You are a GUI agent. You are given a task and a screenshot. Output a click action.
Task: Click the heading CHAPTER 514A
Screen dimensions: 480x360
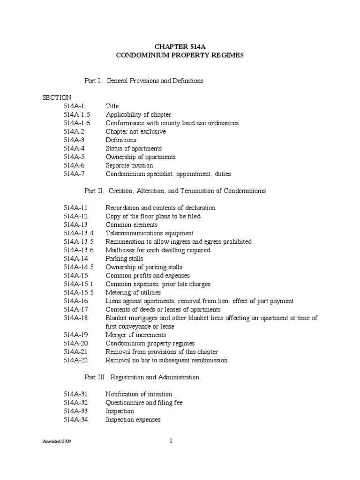(x=180, y=46)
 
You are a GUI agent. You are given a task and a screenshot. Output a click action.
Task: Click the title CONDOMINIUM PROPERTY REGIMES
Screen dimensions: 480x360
(x=180, y=55)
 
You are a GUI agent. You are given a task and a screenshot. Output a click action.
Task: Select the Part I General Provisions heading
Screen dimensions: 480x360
(x=143, y=81)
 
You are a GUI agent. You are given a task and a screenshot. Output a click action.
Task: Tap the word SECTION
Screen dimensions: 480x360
(x=57, y=97)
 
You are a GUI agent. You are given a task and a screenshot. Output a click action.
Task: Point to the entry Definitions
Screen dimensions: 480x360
(x=121, y=140)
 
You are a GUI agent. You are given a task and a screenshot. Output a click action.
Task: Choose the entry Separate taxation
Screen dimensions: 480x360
(x=129, y=165)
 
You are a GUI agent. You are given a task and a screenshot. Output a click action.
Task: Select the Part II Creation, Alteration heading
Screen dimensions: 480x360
(x=175, y=191)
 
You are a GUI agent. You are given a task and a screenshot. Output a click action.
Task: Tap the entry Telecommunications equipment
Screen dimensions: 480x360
(x=150, y=233)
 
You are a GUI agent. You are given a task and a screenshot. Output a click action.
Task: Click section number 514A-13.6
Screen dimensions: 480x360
(x=79, y=250)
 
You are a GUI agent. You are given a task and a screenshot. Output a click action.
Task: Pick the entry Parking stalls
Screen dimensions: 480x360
(x=124, y=258)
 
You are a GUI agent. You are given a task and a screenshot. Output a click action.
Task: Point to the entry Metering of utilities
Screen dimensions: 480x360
(x=135, y=292)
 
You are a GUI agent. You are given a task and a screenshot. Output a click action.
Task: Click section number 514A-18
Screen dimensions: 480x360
(x=75, y=318)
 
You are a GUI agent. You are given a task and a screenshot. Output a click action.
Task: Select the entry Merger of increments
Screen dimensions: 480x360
(x=136, y=335)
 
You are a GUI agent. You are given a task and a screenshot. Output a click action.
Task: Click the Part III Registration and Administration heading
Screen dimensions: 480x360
(x=142, y=377)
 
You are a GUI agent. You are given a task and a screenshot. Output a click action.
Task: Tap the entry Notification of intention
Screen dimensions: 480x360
(x=139, y=394)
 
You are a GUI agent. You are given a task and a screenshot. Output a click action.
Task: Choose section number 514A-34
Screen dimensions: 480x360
(x=75, y=420)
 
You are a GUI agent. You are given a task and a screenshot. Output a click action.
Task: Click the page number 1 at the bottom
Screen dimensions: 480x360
(x=171, y=441)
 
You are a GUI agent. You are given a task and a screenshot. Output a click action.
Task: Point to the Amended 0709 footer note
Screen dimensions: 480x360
(x=57, y=442)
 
